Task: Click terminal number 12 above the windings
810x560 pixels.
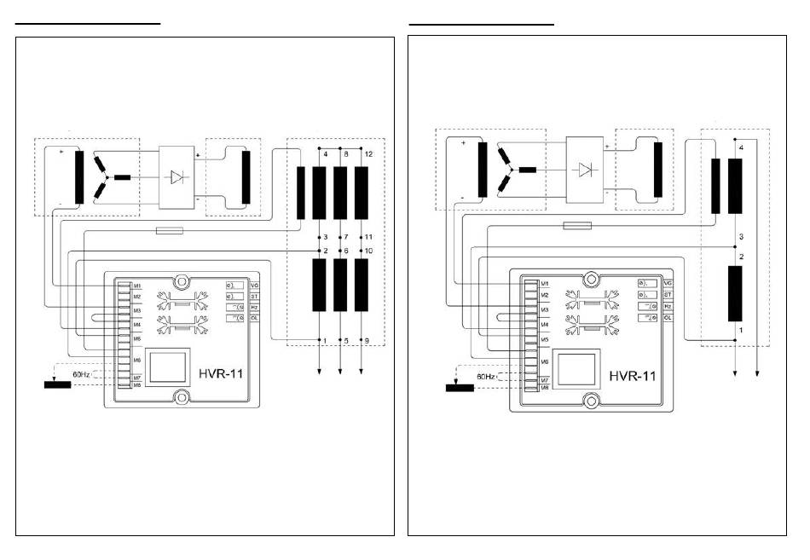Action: (x=367, y=154)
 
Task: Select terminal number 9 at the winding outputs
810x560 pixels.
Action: (x=367, y=342)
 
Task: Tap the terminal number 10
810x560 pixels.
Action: (x=368, y=251)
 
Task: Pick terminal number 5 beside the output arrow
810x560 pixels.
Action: (x=346, y=342)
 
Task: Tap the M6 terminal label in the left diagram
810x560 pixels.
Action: (x=136, y=360)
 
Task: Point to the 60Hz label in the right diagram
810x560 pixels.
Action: (x=485, y=376)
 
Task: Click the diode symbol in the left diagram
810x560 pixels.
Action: (x=177, y=177)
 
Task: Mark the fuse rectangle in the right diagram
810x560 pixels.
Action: (x=578, y=225)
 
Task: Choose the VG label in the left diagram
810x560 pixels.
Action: (x=254, y=285)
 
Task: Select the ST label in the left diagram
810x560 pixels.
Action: (x=254, y=296)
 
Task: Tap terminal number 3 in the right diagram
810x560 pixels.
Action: (x=742, y=236)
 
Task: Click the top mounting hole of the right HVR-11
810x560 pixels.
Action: (x=591, y=279)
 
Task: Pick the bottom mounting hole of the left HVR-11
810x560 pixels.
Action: (x=181, y=396)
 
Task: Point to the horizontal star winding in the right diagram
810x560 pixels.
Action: (x=527, y=170)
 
